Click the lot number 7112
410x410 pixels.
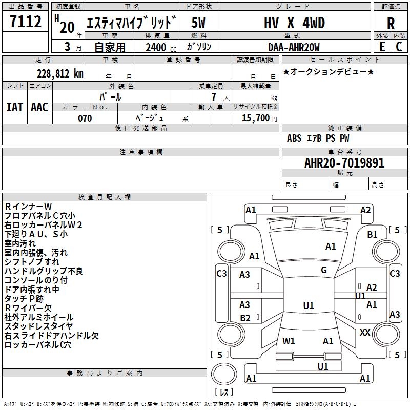tap(26, 22)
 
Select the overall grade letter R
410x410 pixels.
tap(391, 23)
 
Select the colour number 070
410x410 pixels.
tap(85, 118)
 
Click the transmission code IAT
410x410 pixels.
tap(15, 107)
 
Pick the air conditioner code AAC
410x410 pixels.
tap(39, 107)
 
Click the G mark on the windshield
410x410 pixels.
tap(324, 270)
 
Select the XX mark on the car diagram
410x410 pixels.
tap(365, 333)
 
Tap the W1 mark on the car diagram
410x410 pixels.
tap(289, 341)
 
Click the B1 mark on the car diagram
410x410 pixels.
tap(372, 235)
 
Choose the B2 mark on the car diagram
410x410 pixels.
tap(245, 318)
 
